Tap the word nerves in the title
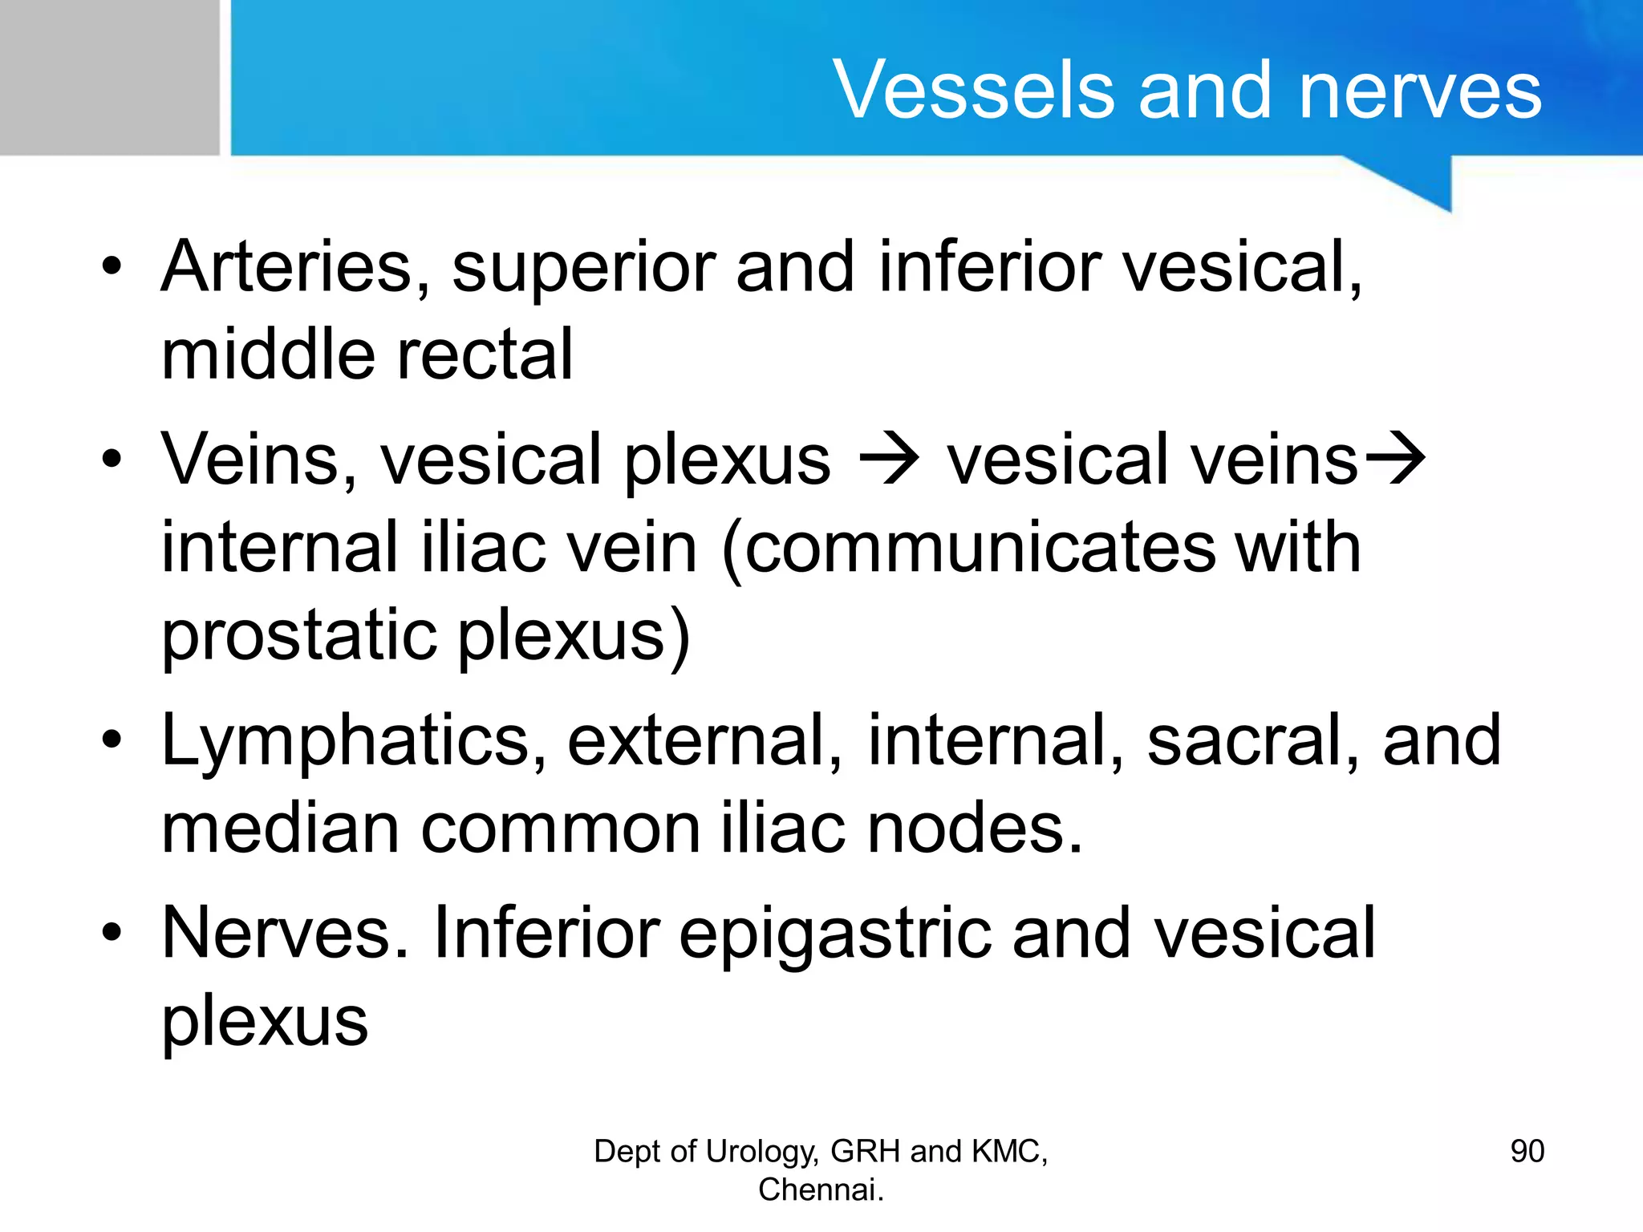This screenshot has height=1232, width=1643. [1420, 90]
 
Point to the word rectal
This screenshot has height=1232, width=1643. [485, 354]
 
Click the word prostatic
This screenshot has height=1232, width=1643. [299, 637]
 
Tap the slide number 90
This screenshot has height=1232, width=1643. [1527, 1152]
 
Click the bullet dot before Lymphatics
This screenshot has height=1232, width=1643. [112, 739]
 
